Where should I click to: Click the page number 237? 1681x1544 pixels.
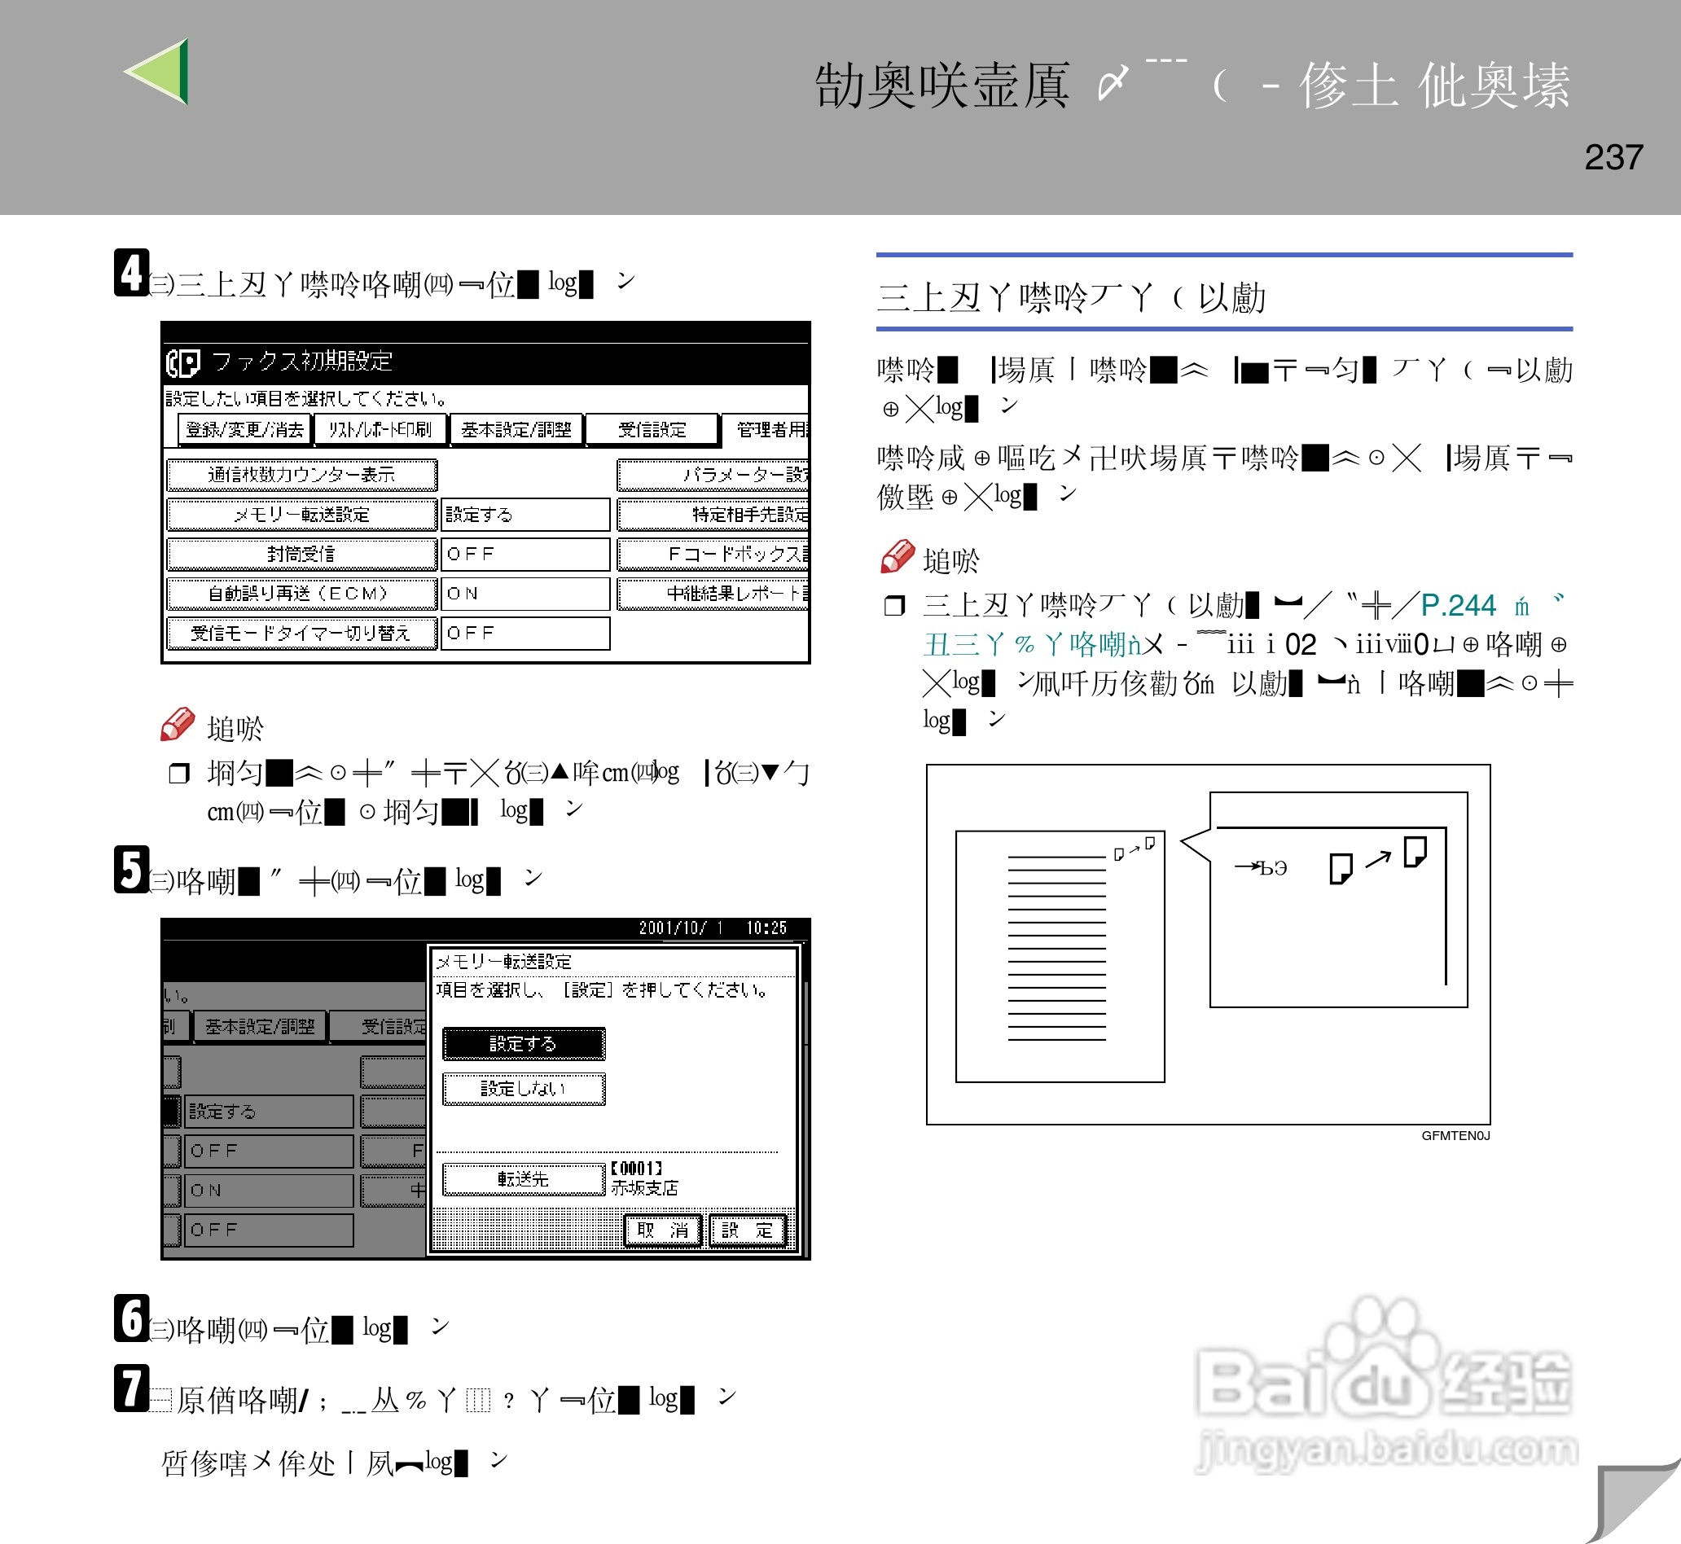click(1613, 157)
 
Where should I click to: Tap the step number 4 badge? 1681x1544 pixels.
click(131, 272)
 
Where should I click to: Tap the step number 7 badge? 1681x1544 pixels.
click(131, 1388)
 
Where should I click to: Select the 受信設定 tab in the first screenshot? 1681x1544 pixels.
click(652, 429)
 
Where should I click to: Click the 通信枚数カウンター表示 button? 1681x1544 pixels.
click(301, 475)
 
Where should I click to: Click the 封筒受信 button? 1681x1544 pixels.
click(301, 554)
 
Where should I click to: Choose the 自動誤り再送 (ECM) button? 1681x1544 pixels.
click(301, 593)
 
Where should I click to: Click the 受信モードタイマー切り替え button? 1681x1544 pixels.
click(301, 634)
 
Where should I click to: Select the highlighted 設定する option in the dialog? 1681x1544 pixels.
click(523, 1043)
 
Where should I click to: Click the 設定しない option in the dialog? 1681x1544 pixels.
click(523, 1089)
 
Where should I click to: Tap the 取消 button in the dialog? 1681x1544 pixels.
click(662, 1230)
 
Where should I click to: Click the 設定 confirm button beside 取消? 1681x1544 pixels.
click(748, 1230)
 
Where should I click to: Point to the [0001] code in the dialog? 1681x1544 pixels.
click(637, 1168)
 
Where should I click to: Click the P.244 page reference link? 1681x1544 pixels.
click(1458, 605)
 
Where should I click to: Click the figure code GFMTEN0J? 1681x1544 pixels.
click(1455, 1135)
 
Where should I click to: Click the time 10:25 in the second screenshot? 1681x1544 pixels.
click(766, 928)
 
